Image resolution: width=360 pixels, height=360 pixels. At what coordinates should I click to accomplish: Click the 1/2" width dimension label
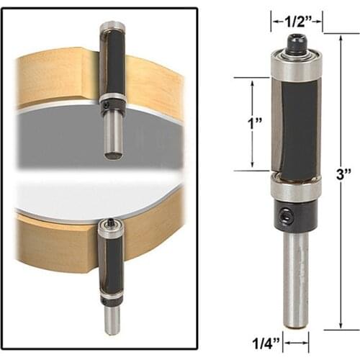tap(295, 22)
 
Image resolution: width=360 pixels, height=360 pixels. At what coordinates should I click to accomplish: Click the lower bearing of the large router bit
tap(295, 191)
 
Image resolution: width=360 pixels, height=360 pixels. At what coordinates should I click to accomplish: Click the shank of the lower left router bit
tap(111, 320)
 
